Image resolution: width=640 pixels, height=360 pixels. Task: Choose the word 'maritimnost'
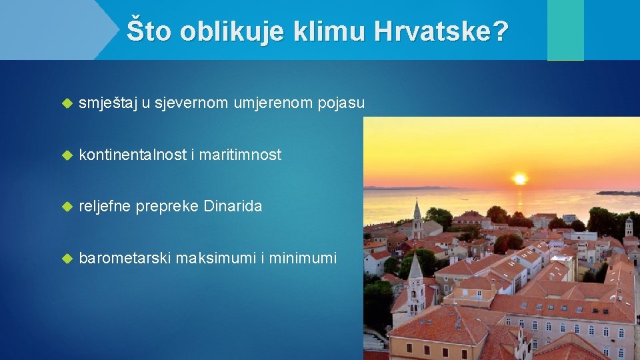(x=241, y=155)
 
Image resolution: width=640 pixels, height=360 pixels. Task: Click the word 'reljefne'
(x=105, y=207)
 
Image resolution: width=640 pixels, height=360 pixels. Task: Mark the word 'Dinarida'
(x=233, y=207)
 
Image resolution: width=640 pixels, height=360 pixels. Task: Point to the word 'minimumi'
(x=304, y=258)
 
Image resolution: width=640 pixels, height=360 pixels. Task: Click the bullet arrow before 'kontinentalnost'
(x=66, y=155)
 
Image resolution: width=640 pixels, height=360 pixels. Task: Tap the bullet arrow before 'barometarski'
(x=66, y=259)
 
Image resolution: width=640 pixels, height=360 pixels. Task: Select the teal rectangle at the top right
(x=565, y=29)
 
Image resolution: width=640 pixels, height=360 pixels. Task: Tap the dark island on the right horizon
(x=617, y=193)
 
